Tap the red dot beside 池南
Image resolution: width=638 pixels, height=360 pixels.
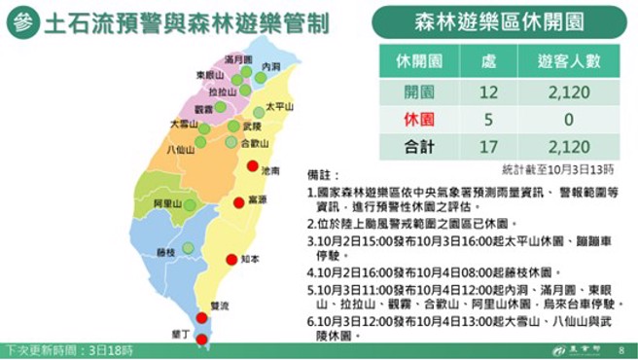(x=253, y=166)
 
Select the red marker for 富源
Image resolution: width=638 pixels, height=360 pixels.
(x=238, y=202)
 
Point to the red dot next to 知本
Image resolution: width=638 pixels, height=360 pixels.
(x=231, y=259)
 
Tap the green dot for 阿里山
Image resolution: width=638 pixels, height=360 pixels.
(x=190, y=203)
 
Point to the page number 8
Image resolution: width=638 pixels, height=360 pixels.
(x=620, y=348)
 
